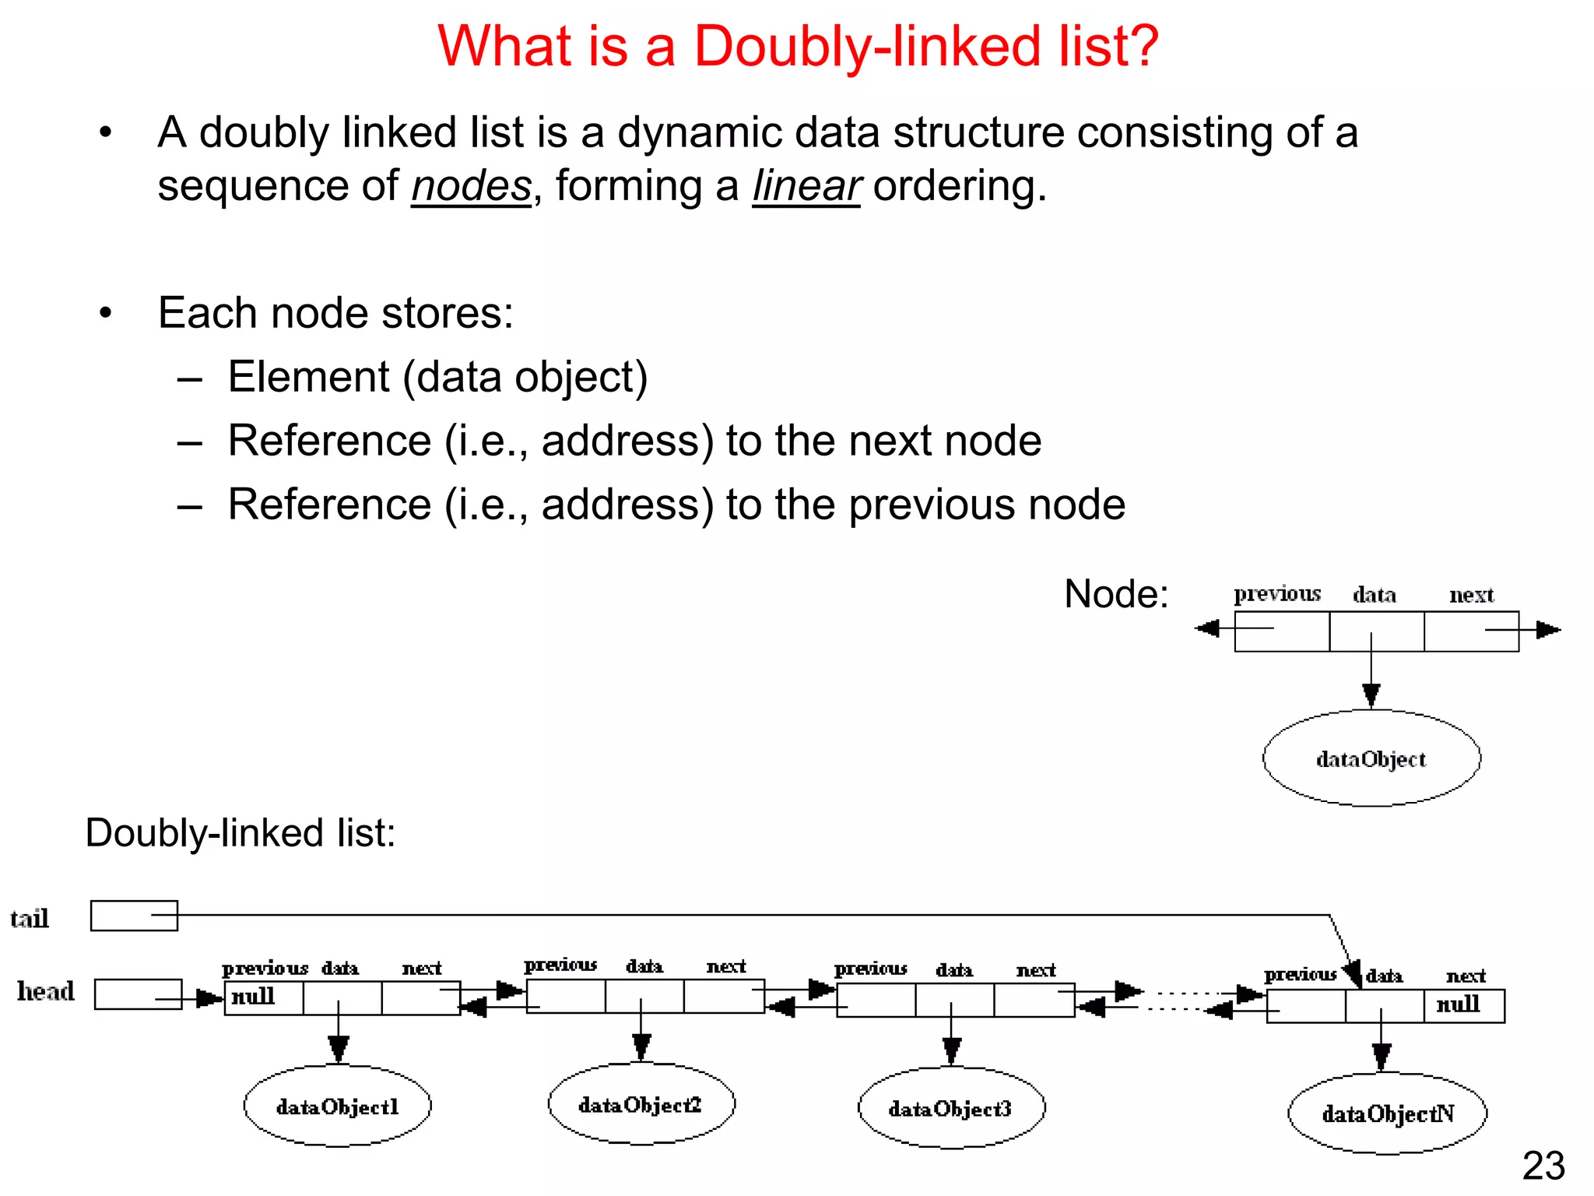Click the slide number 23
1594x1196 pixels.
click(1543, 1166)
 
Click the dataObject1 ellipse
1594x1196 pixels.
click(337, 1106)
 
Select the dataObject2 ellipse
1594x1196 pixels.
click(641, 1104)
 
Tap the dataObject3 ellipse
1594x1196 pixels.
click(950, 1108)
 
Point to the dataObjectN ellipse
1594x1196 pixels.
click(1387, 1113)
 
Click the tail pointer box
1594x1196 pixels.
click(134, 916)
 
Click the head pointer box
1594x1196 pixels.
click(138, 994)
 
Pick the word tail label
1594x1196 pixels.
click(30, 919)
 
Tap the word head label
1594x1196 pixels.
click(46, 991)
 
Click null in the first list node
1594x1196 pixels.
click(253, 996)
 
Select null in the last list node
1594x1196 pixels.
click(1458, 1004)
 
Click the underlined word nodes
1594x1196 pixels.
click(471, 186)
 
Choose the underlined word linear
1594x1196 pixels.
click(806, 186)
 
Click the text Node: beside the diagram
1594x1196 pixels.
click(1115, 594)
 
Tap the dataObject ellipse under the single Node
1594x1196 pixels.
click(1371, 758)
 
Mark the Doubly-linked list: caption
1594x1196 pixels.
click(241, 832)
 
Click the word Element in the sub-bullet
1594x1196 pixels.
click(308, 377)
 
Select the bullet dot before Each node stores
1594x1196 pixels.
click(106, 313)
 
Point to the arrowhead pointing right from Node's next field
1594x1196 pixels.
click(1548, 630)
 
